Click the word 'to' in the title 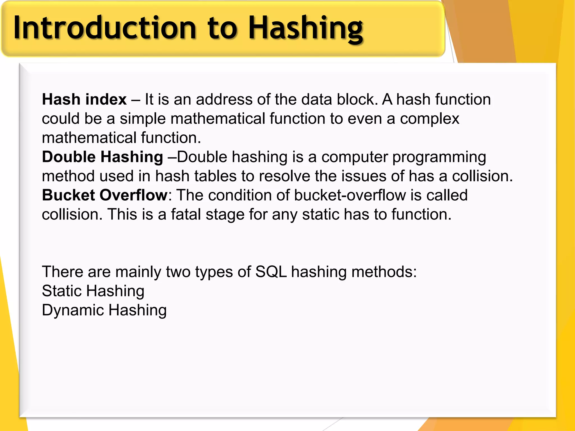pyautogui.click(x=222, y=28)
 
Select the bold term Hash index pyautogui.click(x=84, y=100)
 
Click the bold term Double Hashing pyautogui.click(x=102, y=157)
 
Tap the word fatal pyautogui.click(x=186, y=214)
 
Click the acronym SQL pyautogui.click(x=271, y=272)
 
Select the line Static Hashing pyautogui.click(x=93, y=291)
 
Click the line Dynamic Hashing pyautogui.click(x=104, y=310)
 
